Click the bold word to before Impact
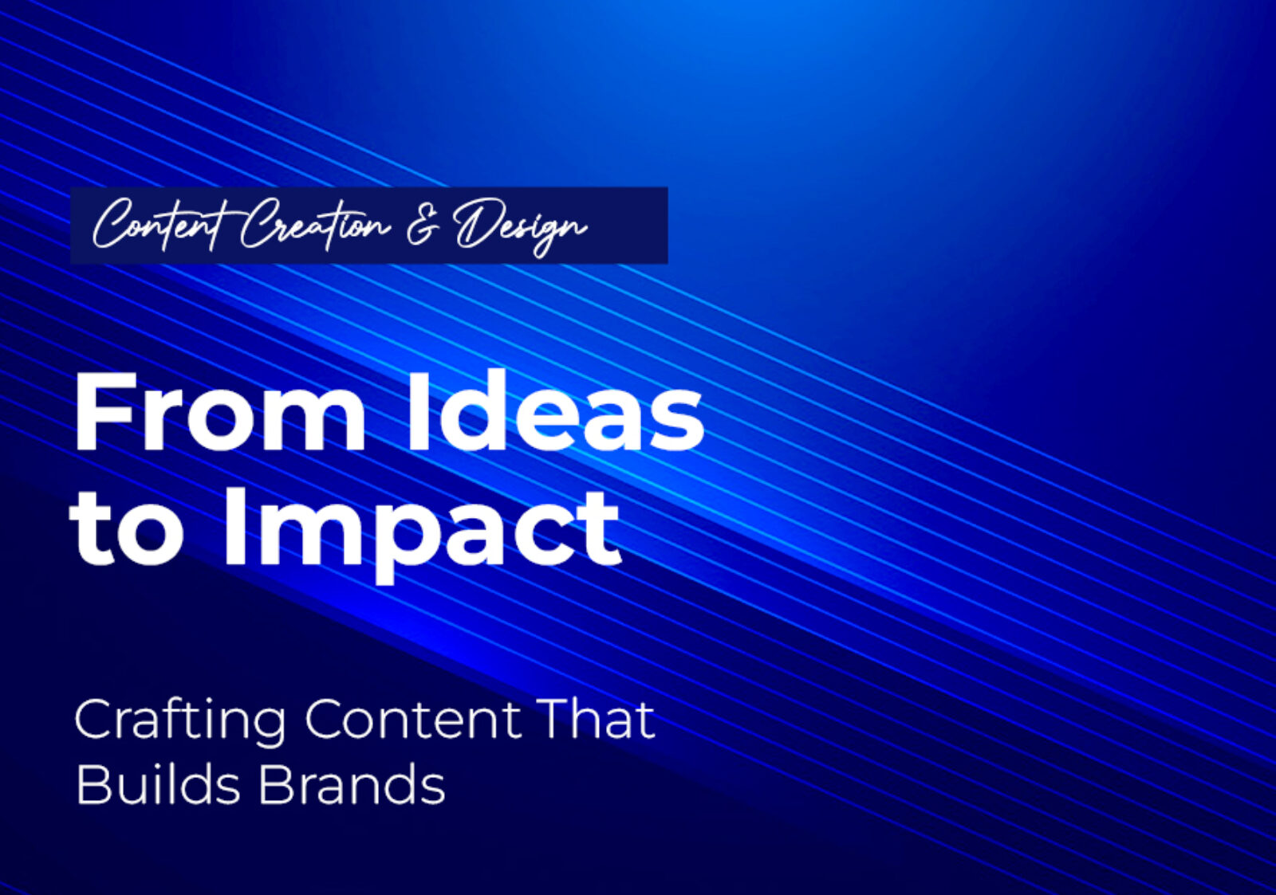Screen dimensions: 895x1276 128,528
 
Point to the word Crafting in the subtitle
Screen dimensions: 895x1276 180,720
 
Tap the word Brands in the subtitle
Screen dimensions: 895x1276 351,784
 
